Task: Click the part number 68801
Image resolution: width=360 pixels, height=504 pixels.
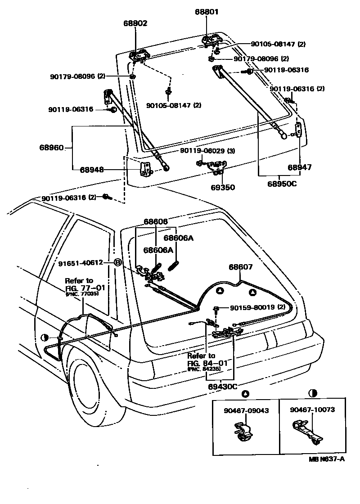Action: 207,13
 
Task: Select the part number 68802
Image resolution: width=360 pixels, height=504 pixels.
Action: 135,23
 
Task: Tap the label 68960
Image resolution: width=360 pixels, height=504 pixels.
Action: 51,147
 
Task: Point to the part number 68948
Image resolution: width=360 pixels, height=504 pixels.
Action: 92,170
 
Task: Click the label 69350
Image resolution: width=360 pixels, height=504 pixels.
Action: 223,187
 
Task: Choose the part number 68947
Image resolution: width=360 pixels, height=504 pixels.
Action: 300,167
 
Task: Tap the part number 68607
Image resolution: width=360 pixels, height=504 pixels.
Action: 241,267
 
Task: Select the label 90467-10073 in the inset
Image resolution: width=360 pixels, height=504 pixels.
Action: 312,410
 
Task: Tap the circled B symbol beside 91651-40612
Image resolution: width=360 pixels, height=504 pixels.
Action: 117,262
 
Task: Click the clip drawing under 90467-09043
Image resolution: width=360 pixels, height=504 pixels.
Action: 245,432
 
